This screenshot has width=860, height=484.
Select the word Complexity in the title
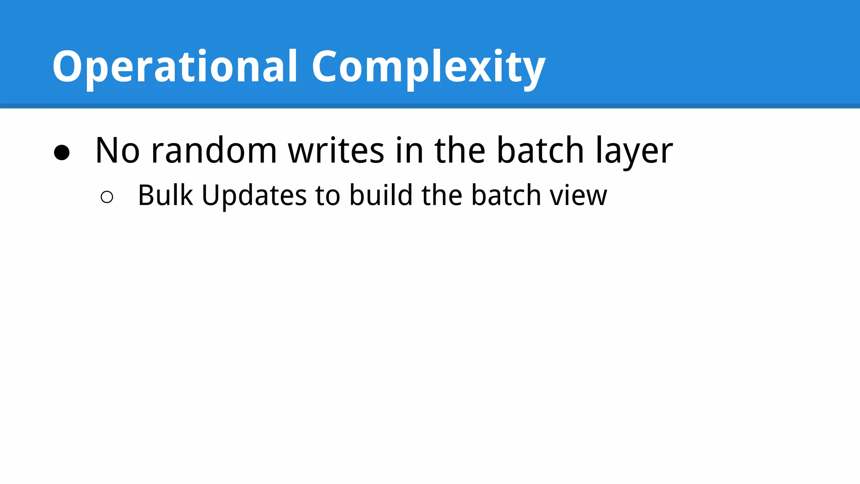point(428,67)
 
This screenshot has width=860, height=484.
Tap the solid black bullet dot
point(62,153)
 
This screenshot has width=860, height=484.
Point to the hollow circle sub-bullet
point(107,197)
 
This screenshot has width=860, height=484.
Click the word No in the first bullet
point(117,150)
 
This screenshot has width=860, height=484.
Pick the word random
point(214,150)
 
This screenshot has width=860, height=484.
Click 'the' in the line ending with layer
point(460,150)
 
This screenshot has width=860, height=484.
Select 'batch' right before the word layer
point(540,150)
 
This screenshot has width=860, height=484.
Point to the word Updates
point(254,196)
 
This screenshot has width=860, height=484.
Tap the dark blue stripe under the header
point(430,106)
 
